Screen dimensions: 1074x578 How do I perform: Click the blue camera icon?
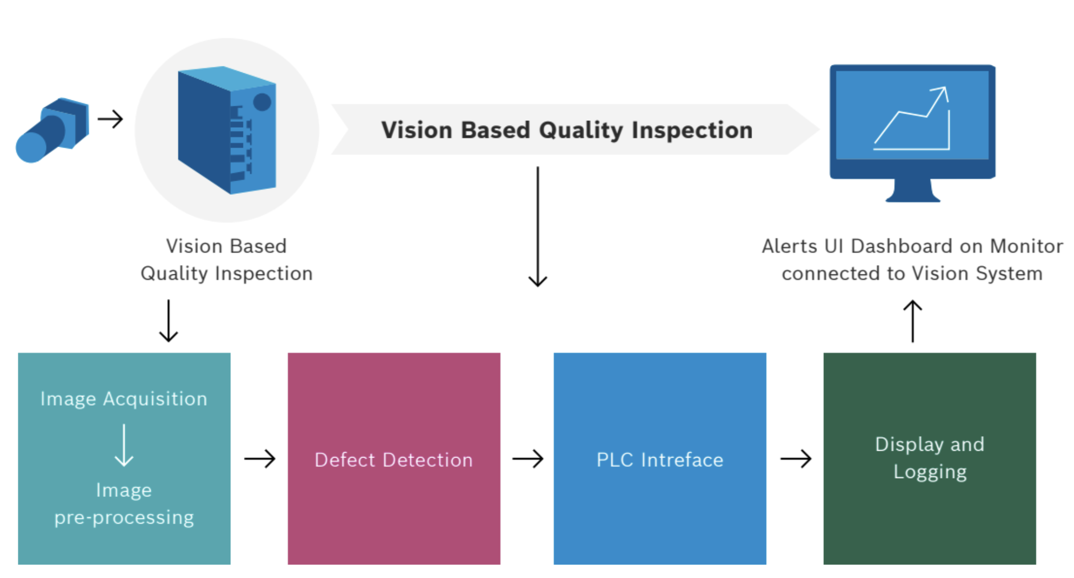pos(52,130)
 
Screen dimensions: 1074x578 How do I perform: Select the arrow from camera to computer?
pos(110,119)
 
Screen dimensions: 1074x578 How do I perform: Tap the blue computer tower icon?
pos(227,130)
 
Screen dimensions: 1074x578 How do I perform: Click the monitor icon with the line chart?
pos(912,133)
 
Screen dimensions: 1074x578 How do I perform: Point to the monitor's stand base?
pos(912,197)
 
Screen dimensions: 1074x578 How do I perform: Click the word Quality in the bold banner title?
pos(580,130)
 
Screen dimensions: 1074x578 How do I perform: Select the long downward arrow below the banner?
pos(538,227)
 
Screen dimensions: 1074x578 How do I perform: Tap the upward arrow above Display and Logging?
pos(913,320)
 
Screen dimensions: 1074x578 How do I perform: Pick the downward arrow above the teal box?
pos(169,320)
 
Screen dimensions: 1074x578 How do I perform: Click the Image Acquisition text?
pos(124,399)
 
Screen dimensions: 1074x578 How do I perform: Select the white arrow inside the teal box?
pos(124,445)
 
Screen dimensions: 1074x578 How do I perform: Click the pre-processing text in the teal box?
pos(124,518)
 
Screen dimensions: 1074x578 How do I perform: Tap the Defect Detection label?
pos(394,460)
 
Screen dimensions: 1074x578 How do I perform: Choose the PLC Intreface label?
pos(660,460)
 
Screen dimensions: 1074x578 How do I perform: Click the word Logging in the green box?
pos(930,472)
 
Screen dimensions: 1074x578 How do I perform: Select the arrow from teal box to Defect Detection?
pos(260,459)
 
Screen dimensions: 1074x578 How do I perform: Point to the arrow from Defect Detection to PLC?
pos(528,459)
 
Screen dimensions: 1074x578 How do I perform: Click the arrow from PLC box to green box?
pos(796,459)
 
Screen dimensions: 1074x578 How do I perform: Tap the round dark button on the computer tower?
pos(262,102)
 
